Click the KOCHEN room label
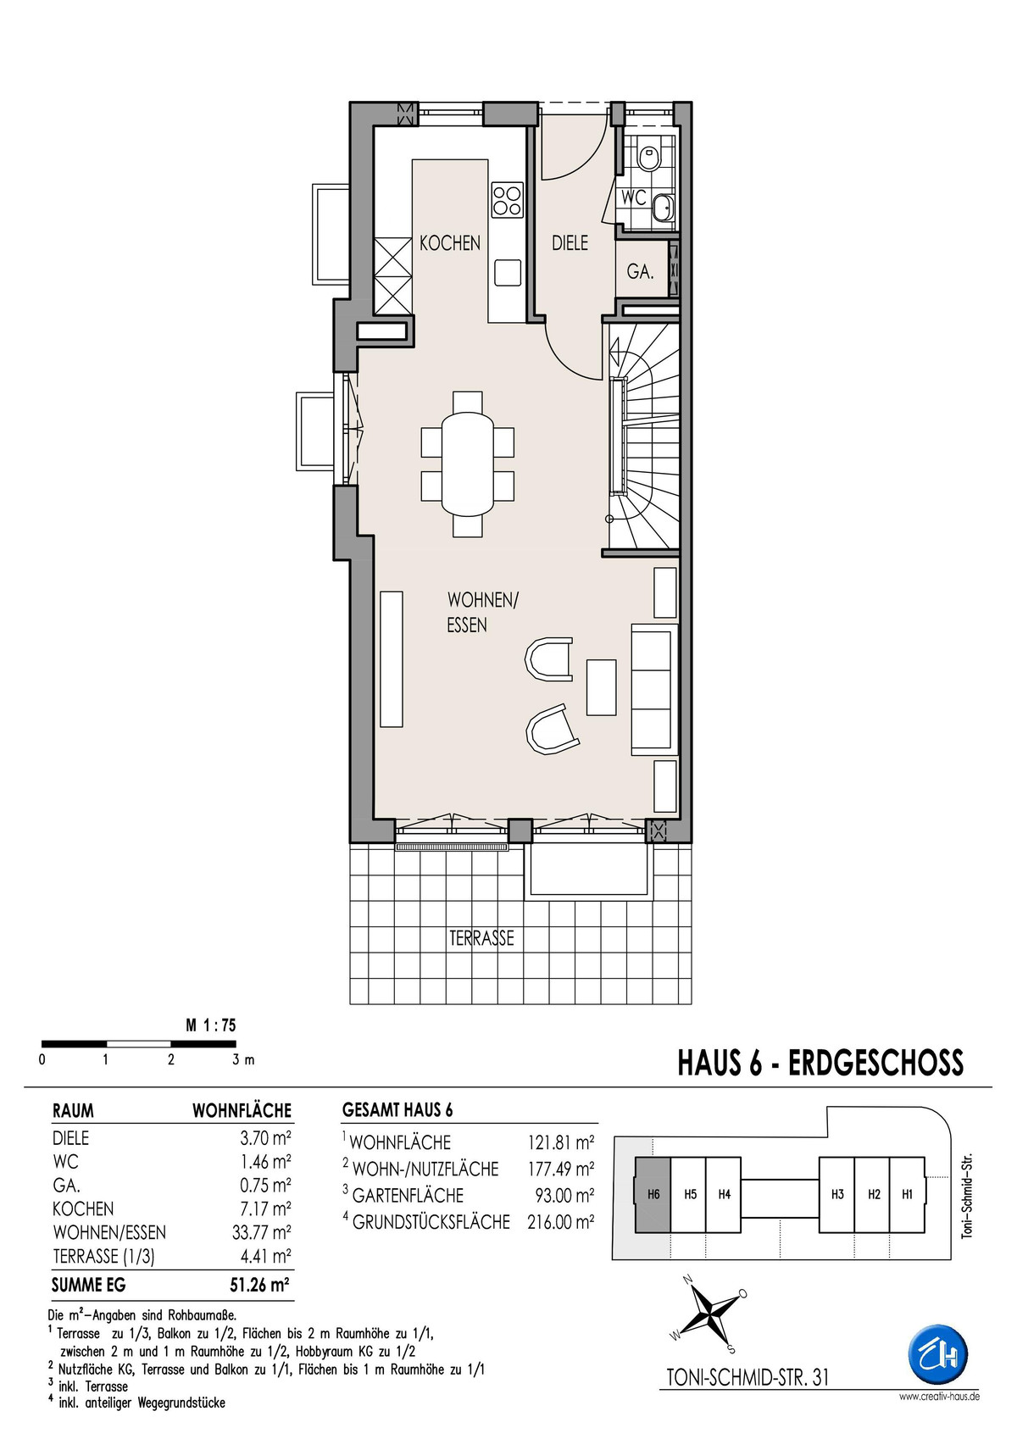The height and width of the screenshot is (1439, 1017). [x=450, y=243]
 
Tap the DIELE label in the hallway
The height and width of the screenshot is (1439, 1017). [x=570, y=243]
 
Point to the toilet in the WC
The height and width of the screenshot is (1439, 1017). [x=649, y=157]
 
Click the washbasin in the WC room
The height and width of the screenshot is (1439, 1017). [x=663, y=207]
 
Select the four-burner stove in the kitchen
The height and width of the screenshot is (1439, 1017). [x=508, y=200]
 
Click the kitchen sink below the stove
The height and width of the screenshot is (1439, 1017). [x=508, y=272]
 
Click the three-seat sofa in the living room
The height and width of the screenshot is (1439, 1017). [x=654, y=688]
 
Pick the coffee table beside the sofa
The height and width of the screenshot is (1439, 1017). [x=602, y=686]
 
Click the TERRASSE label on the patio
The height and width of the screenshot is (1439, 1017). [x=482, y=938]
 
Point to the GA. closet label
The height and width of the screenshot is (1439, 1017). [x=641, y=272]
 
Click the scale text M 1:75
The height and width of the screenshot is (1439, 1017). [x=211, y=1026]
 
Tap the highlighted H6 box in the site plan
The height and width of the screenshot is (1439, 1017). [x=653, y=1195]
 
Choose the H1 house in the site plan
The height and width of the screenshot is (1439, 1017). [x=907, y=1195]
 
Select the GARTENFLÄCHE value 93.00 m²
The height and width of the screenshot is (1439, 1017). [x=564, y=1196]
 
